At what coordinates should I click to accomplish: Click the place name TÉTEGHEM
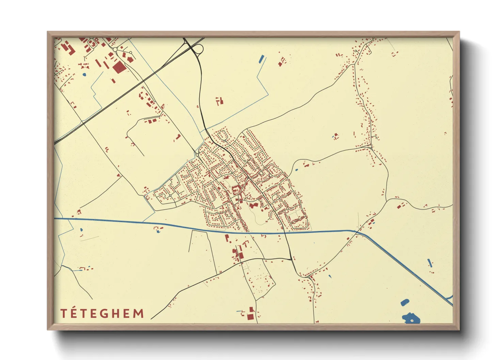(102, 313)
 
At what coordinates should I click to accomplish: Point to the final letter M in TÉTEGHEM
(138, 314)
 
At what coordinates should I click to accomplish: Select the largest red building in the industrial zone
(119, 67)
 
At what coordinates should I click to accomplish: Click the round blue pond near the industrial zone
(84, 74)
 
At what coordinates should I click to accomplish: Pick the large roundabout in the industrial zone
(115, 50)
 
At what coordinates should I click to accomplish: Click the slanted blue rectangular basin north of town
(262, 59)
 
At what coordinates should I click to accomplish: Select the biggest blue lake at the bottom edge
(411, 319)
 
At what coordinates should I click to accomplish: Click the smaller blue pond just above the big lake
(405, 302)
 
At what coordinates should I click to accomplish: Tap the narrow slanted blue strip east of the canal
(429, 263)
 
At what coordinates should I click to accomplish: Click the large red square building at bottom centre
(251, 317)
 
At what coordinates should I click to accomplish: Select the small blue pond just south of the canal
(157, 232)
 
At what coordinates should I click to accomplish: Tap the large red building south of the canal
(240, 255)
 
